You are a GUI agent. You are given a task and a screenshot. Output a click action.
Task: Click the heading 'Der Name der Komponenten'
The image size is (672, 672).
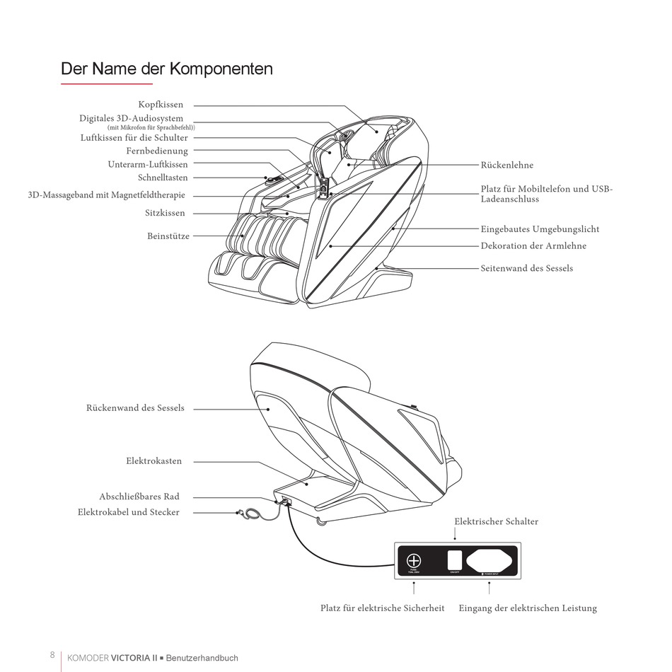point(166,69)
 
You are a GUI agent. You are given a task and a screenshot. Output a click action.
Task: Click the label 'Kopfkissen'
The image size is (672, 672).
point(161,105)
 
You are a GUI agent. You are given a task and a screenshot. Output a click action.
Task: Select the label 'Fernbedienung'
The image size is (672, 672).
point(157,151)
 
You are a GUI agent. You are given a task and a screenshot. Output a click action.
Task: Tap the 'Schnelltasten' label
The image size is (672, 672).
point(163,178)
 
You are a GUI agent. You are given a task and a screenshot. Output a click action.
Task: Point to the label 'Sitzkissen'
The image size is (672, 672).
point(166,212)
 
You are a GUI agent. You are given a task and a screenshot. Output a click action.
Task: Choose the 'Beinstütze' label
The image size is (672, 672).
point(168,236)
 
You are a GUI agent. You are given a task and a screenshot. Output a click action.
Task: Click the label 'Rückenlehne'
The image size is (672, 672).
point(506,165)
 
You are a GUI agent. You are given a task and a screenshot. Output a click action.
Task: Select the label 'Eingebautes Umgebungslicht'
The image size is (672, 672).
point(540,229)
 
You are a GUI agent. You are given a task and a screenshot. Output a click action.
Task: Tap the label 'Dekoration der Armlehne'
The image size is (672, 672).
point(533,245)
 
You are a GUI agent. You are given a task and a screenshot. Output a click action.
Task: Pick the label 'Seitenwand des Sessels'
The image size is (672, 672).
point(526,268)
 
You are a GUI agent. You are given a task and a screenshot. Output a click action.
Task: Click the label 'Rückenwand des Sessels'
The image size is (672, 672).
point(135,408)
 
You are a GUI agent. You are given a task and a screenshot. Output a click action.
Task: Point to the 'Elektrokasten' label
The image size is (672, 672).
point(153,461)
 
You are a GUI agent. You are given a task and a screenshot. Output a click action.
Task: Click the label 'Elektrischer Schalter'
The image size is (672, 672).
point(496,521)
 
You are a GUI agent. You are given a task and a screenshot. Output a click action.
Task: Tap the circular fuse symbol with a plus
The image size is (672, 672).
point(415,560)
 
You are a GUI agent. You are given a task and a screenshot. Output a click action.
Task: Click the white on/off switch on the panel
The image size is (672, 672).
point(455,560)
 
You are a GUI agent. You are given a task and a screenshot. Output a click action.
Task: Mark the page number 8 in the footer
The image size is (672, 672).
point(52,654)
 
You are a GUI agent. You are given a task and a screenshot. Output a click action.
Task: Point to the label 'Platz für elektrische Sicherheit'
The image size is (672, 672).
point(382,608)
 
